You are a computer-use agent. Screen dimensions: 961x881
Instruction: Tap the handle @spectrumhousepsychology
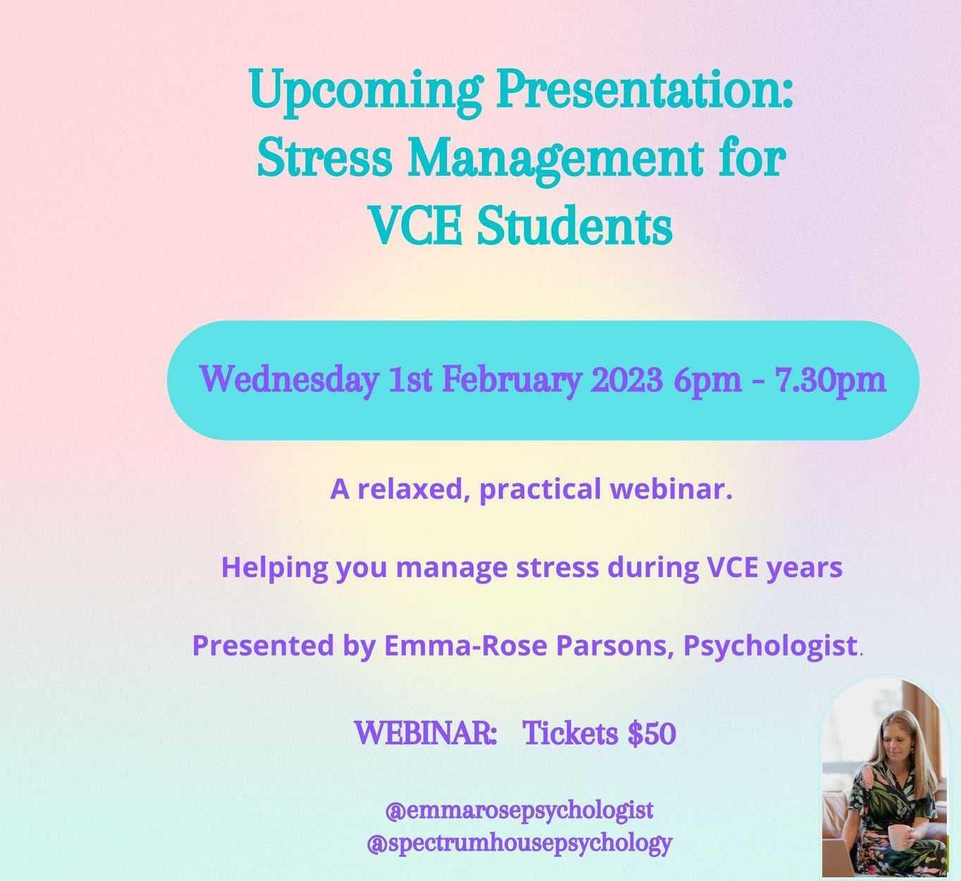(519, 844)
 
